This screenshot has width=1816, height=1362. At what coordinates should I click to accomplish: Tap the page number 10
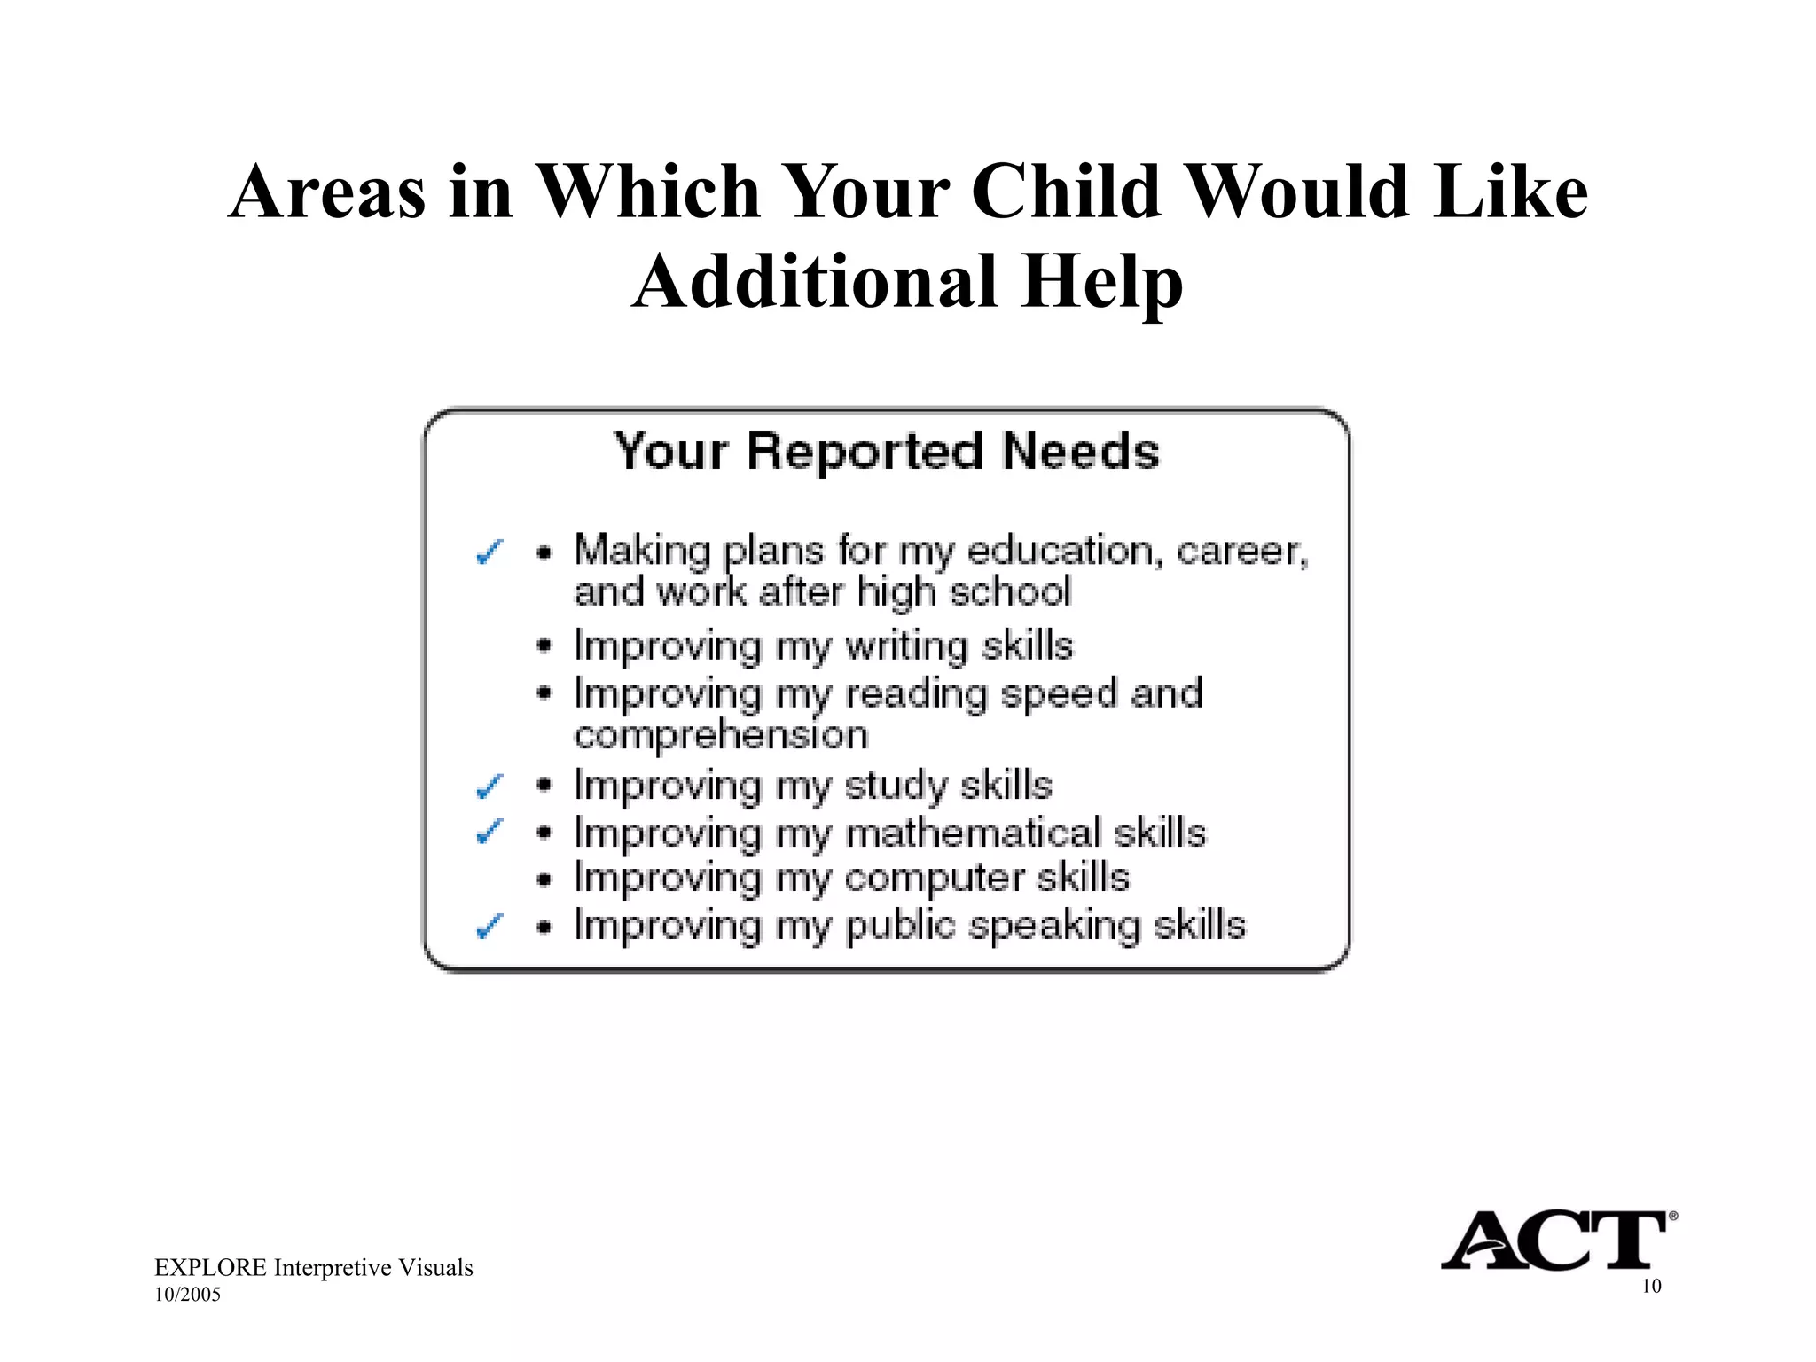(1651, 1287)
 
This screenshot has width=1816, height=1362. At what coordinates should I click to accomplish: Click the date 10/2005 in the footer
(187, 1295)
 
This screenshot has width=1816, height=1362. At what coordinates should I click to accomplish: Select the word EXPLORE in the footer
(210, 1268)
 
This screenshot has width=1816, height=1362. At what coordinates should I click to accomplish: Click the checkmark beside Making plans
(489, 552)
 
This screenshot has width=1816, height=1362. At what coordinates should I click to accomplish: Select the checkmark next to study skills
(489, 786)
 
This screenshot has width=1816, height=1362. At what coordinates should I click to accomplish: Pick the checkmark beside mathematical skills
(489, 832)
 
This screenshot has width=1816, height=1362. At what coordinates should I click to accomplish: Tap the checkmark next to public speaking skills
(489, 927)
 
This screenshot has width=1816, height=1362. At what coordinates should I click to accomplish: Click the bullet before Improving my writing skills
(544, 646)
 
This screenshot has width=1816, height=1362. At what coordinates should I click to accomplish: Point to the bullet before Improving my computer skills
(544, 880)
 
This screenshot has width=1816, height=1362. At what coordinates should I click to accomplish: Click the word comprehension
(721, 736)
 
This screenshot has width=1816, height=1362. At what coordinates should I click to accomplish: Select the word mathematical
(973, 834)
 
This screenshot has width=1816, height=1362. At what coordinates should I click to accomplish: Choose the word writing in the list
(905, 646)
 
